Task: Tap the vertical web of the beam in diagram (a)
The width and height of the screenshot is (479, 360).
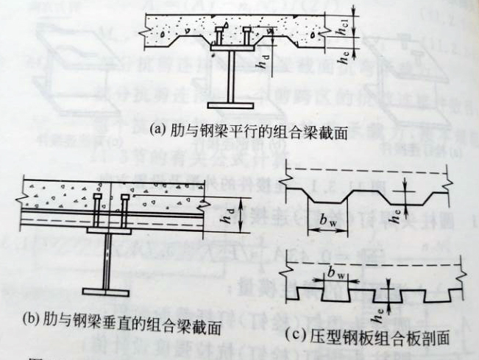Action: (x=233, y=81)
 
